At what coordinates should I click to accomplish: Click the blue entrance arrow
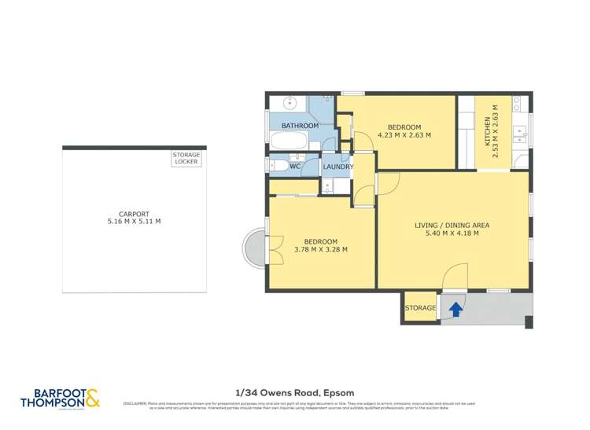(x=454, y=311)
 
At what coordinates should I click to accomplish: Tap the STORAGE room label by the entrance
(x=419, y=308)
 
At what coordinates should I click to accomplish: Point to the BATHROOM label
(x=300, y=126)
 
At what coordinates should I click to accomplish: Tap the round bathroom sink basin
(x=289, y=102)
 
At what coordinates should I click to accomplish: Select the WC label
(x=295, y=167)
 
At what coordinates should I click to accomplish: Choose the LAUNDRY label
(x=338, y=167)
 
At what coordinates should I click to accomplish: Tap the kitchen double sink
(x=518, y=134)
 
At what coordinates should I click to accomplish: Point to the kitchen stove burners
(x=518, y=102)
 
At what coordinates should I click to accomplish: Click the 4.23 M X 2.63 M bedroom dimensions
(x=404, y=135)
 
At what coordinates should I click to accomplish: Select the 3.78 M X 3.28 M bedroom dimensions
(x=320, y=250)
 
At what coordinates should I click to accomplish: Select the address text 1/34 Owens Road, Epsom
(x=294, y=391)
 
